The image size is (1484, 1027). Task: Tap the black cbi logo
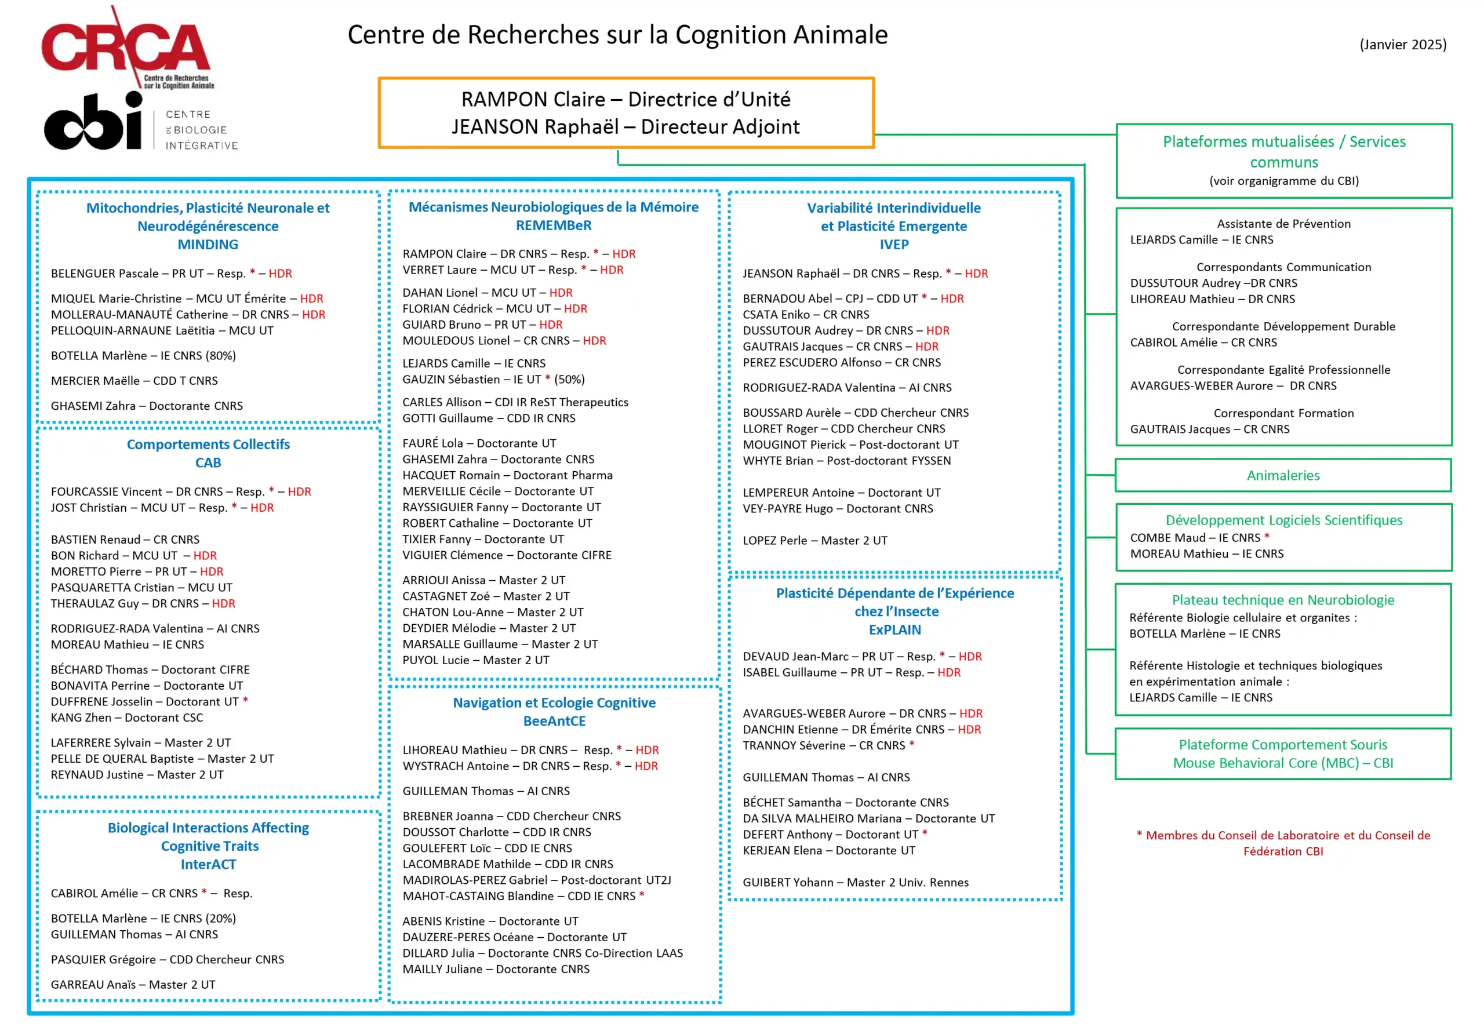point(93,122)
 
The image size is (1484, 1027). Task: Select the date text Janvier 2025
point(1402,45)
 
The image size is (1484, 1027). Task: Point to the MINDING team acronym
point(208,245)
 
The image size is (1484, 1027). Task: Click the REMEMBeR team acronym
point(554,225)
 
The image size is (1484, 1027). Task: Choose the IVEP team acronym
point(894,245)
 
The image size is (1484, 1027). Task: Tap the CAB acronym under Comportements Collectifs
point(208,462)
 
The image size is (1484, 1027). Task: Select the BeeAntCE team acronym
point(554,721)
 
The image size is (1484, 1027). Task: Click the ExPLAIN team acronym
point(894,629)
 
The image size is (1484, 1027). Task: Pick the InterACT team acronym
point(208,864)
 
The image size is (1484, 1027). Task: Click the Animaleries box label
point(1283,475)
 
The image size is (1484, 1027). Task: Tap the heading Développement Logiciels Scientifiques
point(1283,520)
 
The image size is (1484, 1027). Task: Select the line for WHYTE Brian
point(846,461)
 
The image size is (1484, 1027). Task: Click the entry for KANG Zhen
point(127,718)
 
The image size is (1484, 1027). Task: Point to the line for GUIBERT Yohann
point(855,882)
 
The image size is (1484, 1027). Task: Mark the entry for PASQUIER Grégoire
point(168,959)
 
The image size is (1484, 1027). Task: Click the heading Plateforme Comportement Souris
point(1283,745)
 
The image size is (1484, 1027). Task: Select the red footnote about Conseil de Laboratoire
point(1283,843)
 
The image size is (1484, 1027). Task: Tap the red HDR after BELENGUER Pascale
point(280,274)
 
